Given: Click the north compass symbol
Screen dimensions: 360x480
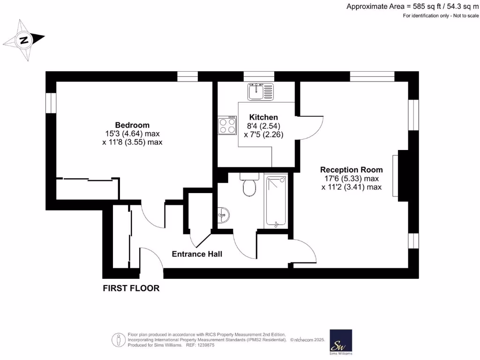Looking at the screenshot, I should (x=24, y=40).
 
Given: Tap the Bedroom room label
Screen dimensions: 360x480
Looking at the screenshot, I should (x=132, y=125).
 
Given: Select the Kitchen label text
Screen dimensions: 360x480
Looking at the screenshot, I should (x=263, y=117).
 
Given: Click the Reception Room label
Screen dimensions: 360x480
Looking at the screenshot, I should (x=351, y=170).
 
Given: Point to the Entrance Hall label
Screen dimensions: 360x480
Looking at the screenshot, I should (x=197, y=254).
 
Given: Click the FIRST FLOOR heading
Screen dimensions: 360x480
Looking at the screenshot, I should (x=131, y=288).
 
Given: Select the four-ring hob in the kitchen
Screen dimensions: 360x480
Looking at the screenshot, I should (x=227, y=125).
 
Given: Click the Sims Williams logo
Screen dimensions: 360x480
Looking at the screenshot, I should (x=341, y=342).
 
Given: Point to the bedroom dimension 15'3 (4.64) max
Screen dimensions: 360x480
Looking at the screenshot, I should (x=132, y=134).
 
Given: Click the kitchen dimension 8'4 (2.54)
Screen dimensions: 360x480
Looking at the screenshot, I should (x=263, y=126).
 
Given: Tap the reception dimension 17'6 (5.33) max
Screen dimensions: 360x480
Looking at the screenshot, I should (x=351, y=179).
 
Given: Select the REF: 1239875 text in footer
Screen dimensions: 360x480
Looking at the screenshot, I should (x=200, y=345).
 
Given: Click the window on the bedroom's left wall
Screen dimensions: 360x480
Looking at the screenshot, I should (x=51, y=103).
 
